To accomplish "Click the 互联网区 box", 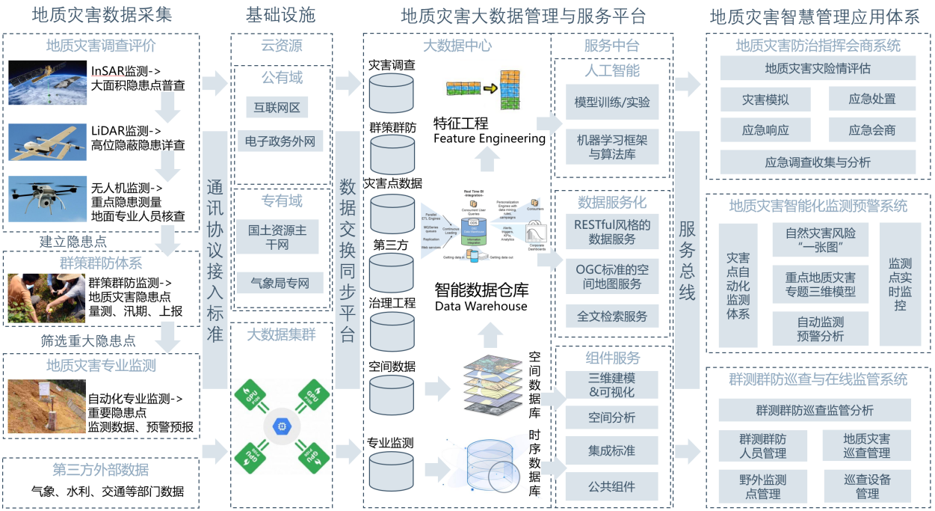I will [277, 108].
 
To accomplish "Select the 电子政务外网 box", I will [281, 141].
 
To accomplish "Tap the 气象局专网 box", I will [281, 282].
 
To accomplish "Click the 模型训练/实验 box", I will [612, 102].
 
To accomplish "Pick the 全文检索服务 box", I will [612, 316].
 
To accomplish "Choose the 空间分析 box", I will [612, 417].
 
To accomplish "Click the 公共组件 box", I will [612, 486].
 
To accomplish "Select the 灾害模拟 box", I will [765, 99].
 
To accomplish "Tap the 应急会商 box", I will [871, 130].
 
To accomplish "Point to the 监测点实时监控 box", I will [900, 285].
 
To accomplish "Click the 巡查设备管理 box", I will [867, 486].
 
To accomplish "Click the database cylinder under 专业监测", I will [392, 470].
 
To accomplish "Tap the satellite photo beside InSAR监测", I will [47, 82].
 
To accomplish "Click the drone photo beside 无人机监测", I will [47, 199].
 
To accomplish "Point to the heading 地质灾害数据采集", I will [102, 16].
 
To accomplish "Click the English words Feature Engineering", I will [489, 138].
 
